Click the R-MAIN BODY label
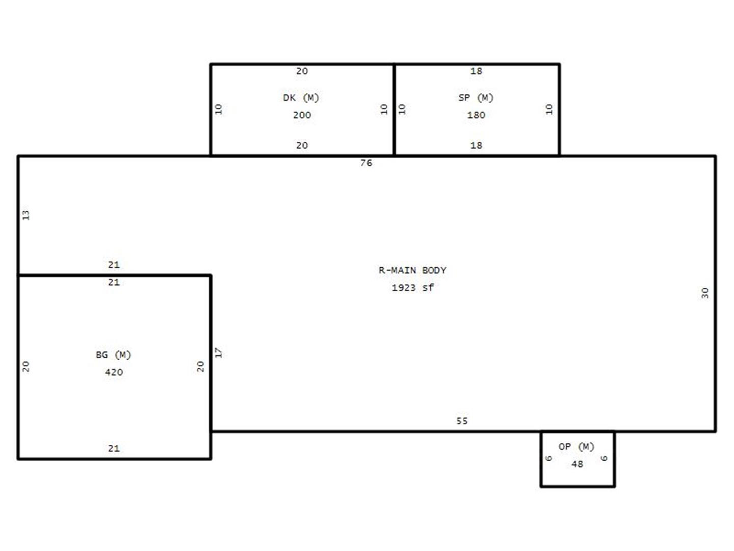tap(412, 270)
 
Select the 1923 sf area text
tap(412, 288)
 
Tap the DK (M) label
tap(301, 97)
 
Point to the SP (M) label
tap(476, 97)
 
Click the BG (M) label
tap(113, 355)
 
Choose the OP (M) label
tap(576, 446)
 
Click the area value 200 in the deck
tap(302, 115)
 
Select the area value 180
tap(476, 115)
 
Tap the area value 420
tap(114, 372)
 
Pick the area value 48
tap(577, 464)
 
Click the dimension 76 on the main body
tap(366, 163)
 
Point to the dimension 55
tap(462, 421)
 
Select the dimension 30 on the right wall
tap(704, 293)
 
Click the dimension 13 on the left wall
tap(26, 215)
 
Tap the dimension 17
tap(218, 353)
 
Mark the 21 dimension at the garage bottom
tap(114, 448)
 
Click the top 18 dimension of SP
tap(476, 71)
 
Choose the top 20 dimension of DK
tap(302, 71)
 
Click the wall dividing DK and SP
tap(394, 109)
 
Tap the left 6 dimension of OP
tap(548, 458)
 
